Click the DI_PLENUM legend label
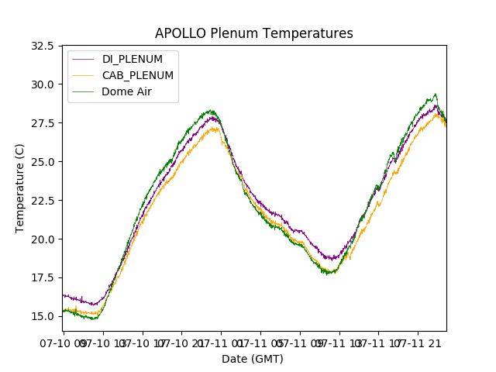coord(133,60)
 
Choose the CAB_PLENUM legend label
coord(137,75)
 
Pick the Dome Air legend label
coord(128,91)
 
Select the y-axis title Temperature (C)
coord(21,188)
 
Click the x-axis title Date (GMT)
coord(253,359)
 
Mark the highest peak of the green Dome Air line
coord(435,94)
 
